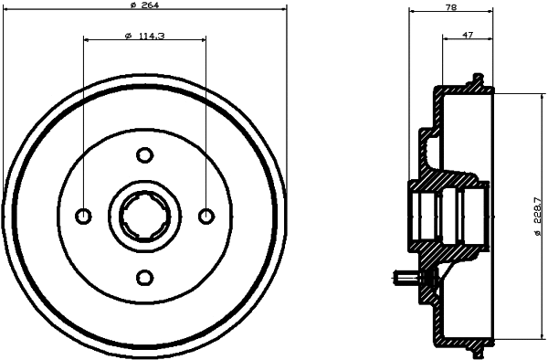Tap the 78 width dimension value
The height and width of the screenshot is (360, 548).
(450, 7)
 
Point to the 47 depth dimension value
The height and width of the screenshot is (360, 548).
(468, 35)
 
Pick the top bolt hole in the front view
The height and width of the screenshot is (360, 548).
(144, 154)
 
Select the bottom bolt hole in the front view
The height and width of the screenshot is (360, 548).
(144, 277)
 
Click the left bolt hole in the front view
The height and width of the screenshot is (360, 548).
(83, 216)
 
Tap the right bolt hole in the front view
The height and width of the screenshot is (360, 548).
(205, 216)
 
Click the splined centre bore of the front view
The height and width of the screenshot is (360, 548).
(144, 216)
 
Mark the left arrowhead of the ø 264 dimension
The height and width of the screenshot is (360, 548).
(7, 11)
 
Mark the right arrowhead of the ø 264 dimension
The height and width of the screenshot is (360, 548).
(282, 11)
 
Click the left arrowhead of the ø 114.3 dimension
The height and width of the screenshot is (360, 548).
(87, 40)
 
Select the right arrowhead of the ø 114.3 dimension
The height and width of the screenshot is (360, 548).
(202, 40)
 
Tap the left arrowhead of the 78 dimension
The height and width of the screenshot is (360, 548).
(412, 12)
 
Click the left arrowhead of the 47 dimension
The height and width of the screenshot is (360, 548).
(445, 39)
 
